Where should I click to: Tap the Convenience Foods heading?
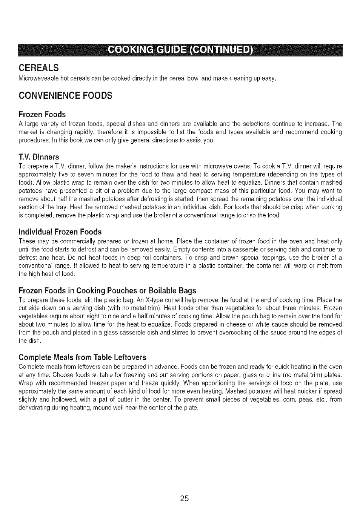coord(65,96)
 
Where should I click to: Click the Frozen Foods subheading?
coord(42,114)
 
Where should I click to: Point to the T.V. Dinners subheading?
coord(39,157)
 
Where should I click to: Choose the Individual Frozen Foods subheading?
coord(60,232)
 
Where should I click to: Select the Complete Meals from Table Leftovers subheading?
coord(82,357)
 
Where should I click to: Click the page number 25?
coord(184,499)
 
